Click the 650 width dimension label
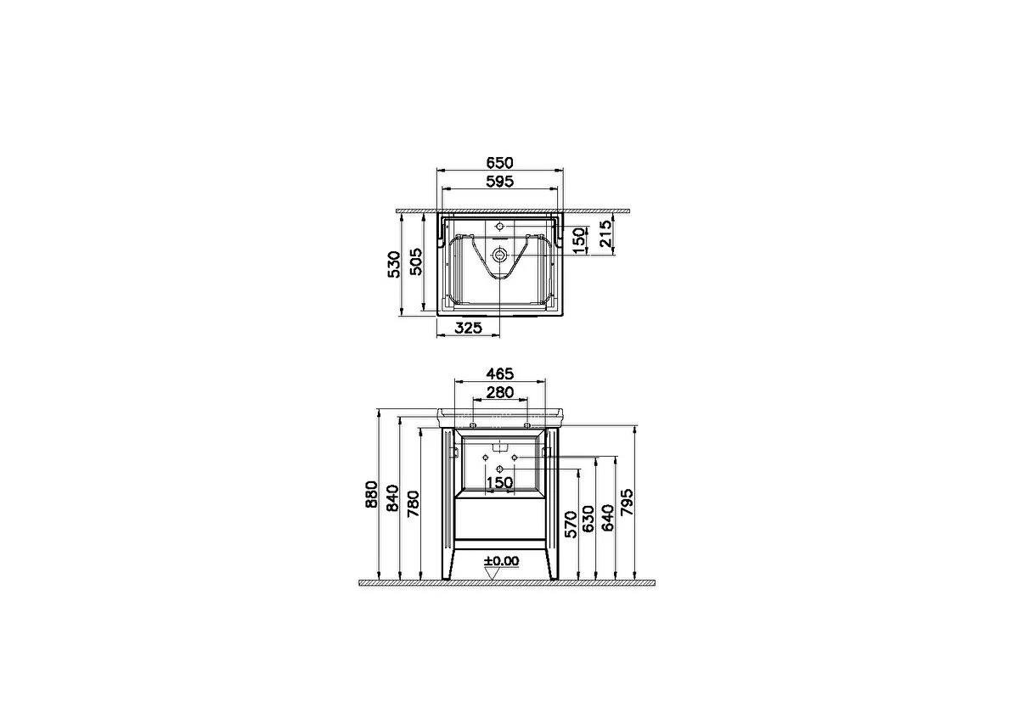(x=499, y=162)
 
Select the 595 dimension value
(x=499, y=182)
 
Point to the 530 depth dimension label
(x=394, y=264)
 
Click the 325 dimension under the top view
(x=468, y=328)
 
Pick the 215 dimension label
(x=606, y=233)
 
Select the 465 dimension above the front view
(x=499, y=374)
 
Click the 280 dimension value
(x=500, y=392)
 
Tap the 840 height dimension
(x=392, y=498)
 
